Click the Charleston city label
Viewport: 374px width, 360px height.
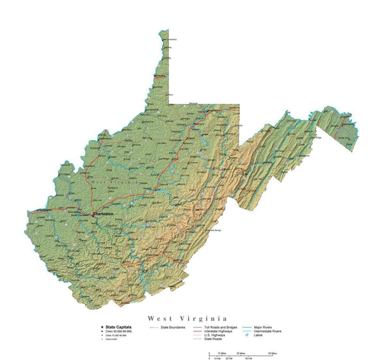point(103,214)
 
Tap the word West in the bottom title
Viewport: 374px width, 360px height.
point(160,318)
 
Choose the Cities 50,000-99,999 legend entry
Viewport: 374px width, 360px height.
point(119,331)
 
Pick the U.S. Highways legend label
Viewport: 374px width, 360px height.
point(211,335)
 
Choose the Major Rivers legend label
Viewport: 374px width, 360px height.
point(262,327)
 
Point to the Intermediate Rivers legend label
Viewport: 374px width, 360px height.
point(267,331)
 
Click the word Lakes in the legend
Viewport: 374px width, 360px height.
point(257,335)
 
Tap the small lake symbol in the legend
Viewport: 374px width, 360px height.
point(248,336)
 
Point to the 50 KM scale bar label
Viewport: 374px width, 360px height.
point(248,359)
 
